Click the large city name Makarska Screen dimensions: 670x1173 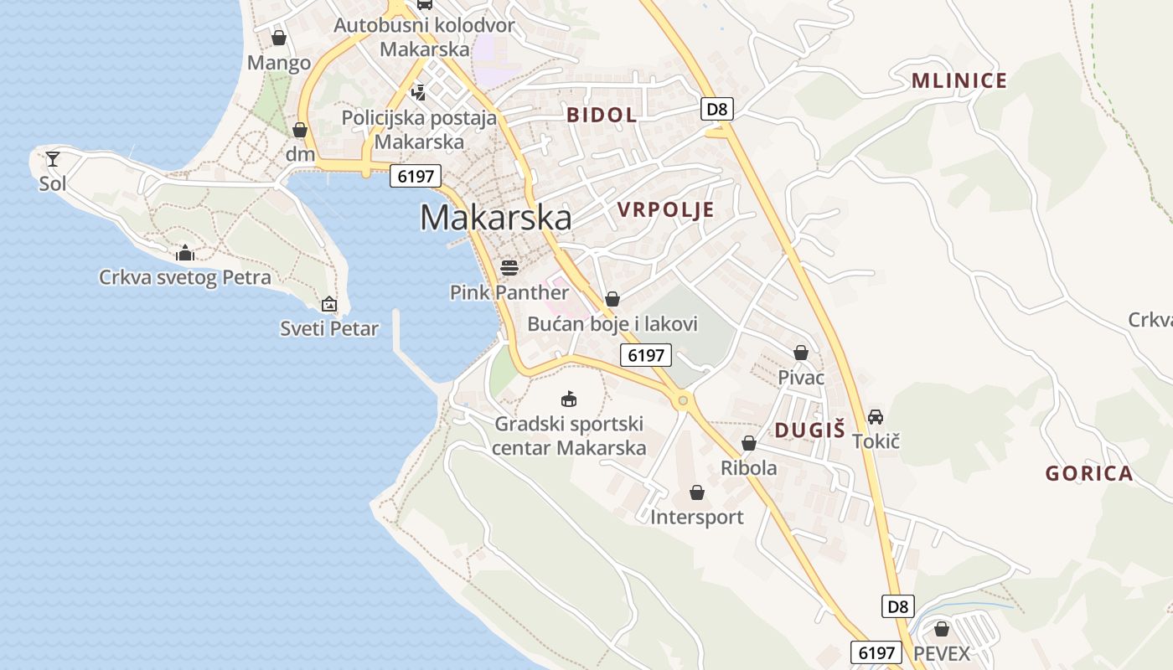[496, 218]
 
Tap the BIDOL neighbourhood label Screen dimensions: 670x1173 [602, 115]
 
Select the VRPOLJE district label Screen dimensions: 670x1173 [666, 209]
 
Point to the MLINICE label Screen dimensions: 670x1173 [959, 81]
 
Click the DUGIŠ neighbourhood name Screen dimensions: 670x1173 [809, 430]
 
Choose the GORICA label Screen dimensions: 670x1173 [1088, 473]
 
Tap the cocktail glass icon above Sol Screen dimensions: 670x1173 [53, 158]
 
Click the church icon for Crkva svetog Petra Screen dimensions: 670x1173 [185, 253]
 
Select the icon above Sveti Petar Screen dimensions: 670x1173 [329, 304]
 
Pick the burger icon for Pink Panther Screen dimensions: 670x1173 [509, 268]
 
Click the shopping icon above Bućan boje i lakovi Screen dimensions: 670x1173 [612, 299]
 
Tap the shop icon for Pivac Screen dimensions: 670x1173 [801, 353]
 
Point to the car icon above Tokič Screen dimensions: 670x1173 [876, 416]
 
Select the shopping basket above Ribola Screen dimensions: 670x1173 [749, 443]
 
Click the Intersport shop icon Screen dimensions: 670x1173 [697, 492]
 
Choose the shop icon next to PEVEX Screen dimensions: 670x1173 [942, 629]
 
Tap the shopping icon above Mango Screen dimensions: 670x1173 [279, 38]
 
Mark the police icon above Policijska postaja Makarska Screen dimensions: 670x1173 [418, 92]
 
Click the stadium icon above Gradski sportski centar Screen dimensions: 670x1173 [569, 398]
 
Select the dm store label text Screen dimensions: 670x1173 [300, 154]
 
